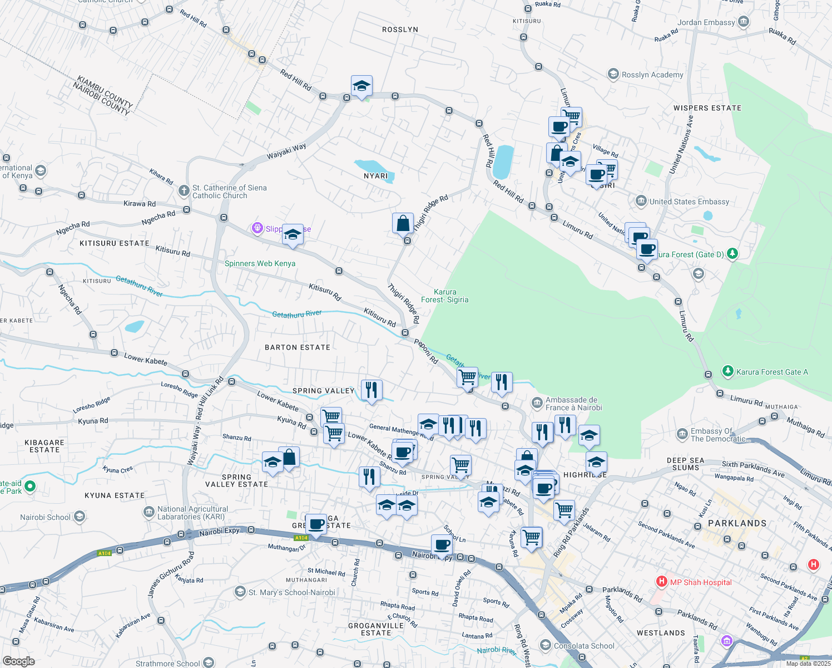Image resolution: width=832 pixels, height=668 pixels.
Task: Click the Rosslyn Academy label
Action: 652,75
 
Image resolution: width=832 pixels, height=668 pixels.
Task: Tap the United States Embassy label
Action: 689,202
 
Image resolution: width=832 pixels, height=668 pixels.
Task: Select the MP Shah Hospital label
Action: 701,582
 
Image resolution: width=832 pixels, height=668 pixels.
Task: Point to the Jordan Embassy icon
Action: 744,22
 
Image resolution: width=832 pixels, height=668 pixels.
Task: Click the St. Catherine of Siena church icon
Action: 184,191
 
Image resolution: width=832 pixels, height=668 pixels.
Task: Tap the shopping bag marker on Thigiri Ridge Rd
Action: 403,223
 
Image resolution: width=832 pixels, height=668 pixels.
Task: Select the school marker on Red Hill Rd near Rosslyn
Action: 361,86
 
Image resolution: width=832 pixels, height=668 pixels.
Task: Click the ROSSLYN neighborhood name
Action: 400,30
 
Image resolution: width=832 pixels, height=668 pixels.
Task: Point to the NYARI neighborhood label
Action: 375,176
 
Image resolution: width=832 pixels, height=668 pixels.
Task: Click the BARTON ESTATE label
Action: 298,347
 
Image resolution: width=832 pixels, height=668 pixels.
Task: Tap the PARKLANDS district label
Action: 737,523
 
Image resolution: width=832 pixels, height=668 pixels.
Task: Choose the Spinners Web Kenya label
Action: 260,263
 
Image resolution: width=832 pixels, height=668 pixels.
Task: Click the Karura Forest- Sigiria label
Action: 445,296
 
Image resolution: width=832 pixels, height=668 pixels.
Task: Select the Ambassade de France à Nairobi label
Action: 573,404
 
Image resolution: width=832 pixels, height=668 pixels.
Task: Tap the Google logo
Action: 18,661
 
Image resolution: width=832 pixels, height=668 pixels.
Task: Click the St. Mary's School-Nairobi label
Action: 291,592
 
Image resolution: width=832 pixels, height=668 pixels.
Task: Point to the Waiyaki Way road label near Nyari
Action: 286,151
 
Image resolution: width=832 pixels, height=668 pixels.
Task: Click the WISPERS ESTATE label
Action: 707,108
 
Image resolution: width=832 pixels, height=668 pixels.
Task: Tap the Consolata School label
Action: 584,646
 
